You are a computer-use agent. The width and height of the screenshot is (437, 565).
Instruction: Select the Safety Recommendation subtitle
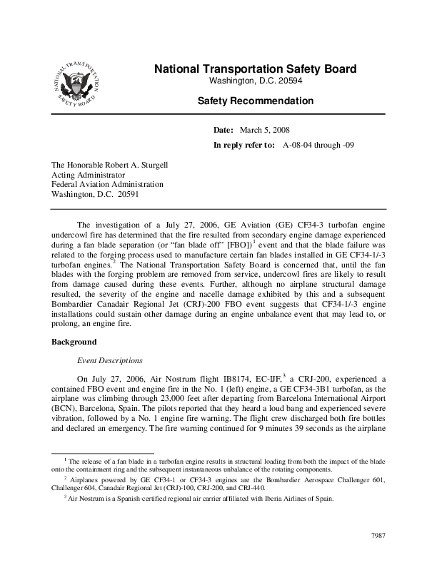coord(255,102)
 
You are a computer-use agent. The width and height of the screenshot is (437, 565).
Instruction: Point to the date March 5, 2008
coord(265,131)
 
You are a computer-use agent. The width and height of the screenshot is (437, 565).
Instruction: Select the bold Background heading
coord(74,342)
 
